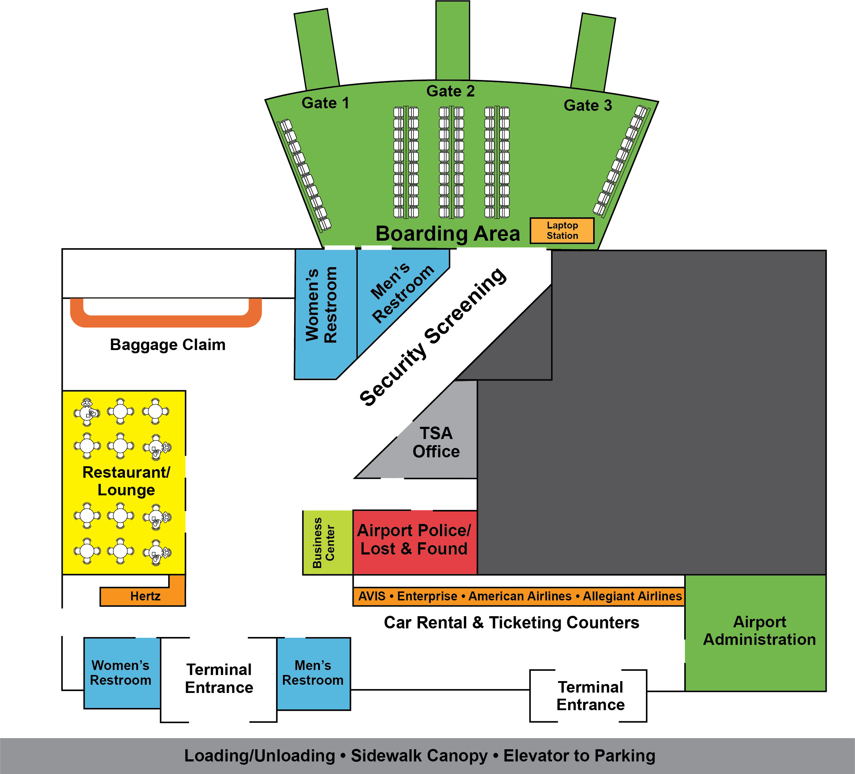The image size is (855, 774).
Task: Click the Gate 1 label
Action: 325,103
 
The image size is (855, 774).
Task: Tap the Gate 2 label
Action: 450,91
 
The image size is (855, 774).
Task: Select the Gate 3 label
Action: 588,105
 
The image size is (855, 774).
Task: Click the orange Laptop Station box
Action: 562,231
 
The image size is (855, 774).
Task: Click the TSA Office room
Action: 436,443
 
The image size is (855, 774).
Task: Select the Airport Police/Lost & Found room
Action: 414,540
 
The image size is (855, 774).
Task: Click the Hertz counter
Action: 145,597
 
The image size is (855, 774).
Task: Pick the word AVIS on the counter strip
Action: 372,596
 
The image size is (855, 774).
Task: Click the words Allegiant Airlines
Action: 632,596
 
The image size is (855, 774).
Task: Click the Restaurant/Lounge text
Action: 126,481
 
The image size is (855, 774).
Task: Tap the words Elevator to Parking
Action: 579,756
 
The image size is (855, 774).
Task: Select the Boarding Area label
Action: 448,234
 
